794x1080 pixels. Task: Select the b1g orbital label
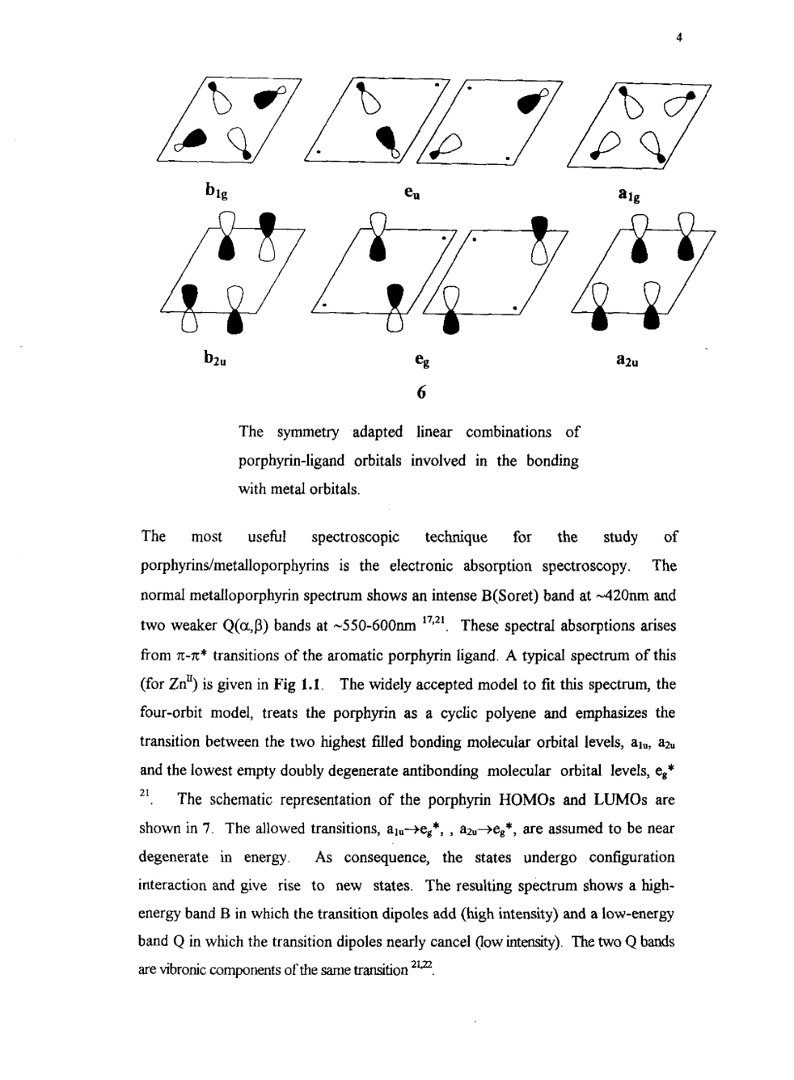[x=216, y=192]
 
